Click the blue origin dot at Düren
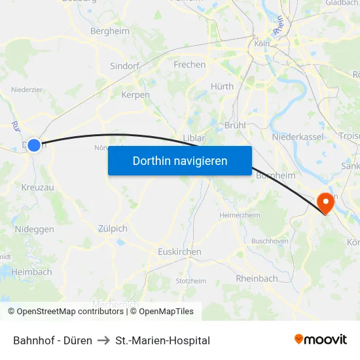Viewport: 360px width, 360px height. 34,145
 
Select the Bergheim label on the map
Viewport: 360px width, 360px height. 109,31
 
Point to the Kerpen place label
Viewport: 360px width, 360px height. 135,95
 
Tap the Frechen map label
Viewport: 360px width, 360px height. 189,65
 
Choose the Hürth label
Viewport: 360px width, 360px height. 222,86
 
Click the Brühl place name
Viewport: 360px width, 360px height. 234,124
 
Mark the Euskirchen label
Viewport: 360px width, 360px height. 179,251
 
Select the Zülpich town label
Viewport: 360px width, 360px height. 113,228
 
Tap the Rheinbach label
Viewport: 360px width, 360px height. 257,278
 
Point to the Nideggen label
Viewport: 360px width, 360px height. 34,229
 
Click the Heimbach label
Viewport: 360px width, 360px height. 31,272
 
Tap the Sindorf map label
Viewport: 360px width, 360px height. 125,66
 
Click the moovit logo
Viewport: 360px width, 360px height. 321,340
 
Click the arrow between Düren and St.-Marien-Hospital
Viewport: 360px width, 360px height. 103,340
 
